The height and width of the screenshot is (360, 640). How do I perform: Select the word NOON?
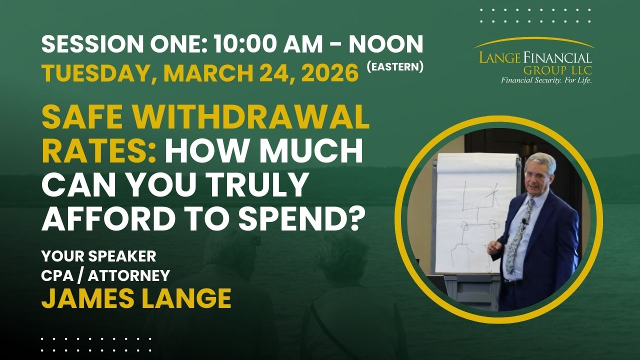[x=385, y=45]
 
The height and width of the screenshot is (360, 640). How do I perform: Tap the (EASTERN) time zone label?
[x=395, y=67]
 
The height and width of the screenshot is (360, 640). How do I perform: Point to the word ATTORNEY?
[x=133, y=275]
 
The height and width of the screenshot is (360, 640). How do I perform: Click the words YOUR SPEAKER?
[x=98, y=256]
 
